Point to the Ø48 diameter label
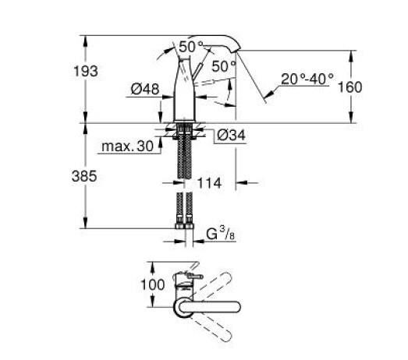146,90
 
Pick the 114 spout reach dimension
210,183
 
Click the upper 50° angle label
190,48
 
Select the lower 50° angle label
222,67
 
